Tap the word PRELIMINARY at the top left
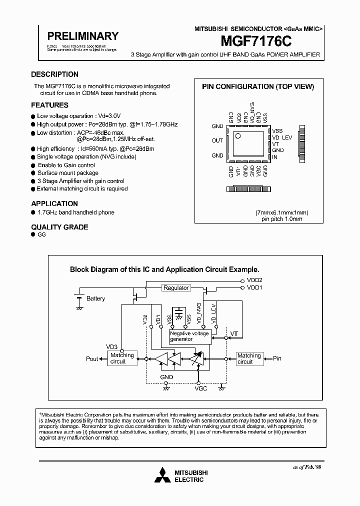(82, 36)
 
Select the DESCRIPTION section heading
(54, 74)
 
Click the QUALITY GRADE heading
(59, 227)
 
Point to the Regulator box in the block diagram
(176, 288)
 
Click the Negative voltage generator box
(189, 336)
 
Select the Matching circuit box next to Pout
(122, 358)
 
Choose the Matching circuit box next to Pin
(249, 358)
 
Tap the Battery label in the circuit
(95, 298)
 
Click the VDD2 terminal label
(254, 280)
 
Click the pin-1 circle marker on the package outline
(238, 135)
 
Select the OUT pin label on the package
(217, 140)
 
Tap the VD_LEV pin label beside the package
(282, 137)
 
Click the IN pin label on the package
(274, 157)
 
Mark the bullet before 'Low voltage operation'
(33, 116)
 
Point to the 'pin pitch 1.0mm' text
(281, 219)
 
